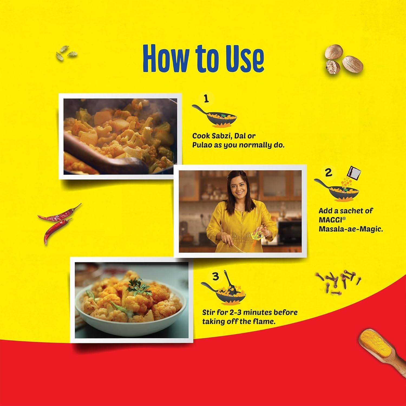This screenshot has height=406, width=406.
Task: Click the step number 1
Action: coord(207,99)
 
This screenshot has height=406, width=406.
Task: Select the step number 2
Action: coord(328,173)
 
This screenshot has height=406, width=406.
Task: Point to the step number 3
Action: coord(215,277)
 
